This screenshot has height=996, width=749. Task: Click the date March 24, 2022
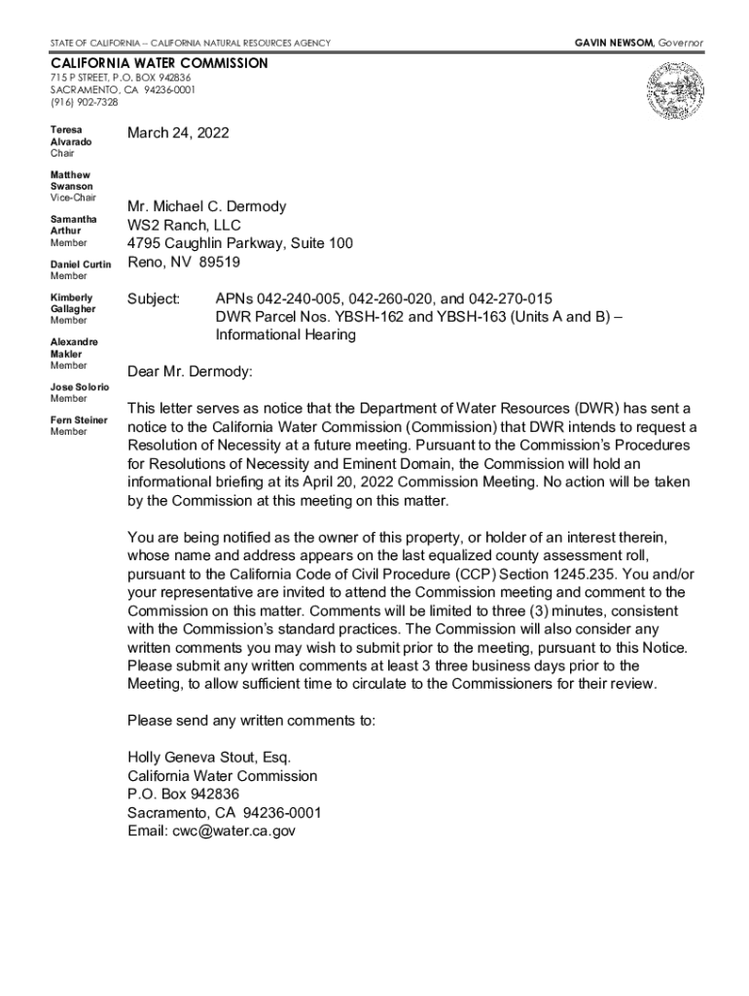pyautogui.click(x=178, y=133)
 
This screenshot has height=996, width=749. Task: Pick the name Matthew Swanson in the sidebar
pyautogui.click(x=72, y=180)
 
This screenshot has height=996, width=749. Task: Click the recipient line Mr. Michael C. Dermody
pyautogui.click(x=206, y=207)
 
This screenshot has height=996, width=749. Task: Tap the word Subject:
pyautogui.click(x=154, y=298)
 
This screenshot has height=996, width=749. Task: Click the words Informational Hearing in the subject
pyautogui.click(x=285, y=335)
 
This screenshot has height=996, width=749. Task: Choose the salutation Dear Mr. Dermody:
pyautogui.click(x=190, y=372)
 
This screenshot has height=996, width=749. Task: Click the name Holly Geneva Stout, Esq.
pyautogui.click(x=209, y=758)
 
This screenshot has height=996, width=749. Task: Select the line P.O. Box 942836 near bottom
pyautogui.click(x=183, y=795)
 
